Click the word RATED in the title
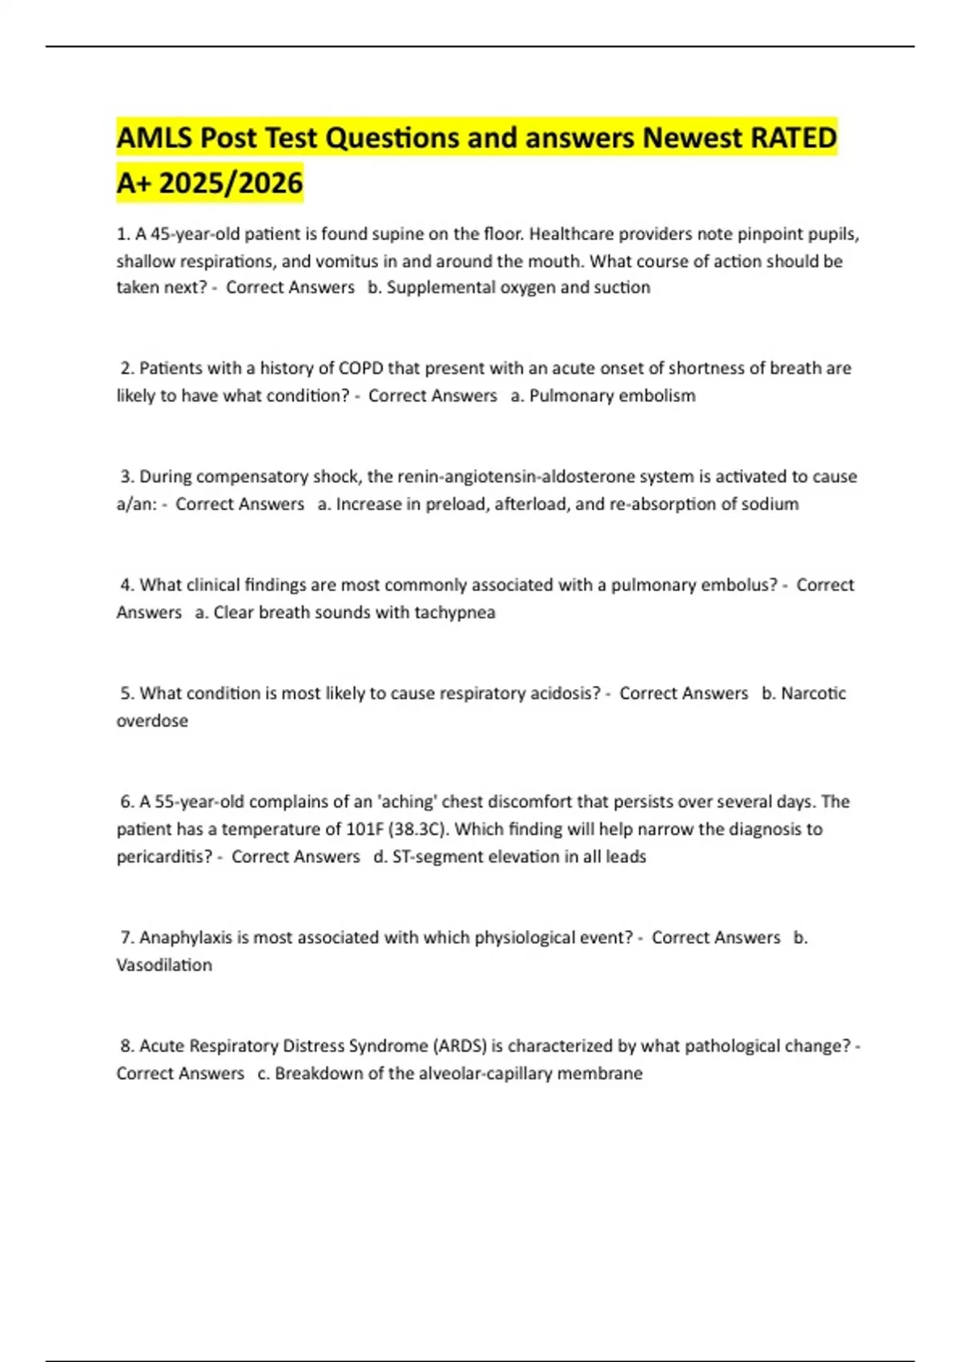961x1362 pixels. point(794,138)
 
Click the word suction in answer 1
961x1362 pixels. point(621,288)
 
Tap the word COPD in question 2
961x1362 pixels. point(361,369)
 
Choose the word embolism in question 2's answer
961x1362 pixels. point(657,396)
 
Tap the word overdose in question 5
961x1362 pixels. point(152,720)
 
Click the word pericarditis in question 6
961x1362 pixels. point(164,856)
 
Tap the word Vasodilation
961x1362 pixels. point(164,965)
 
